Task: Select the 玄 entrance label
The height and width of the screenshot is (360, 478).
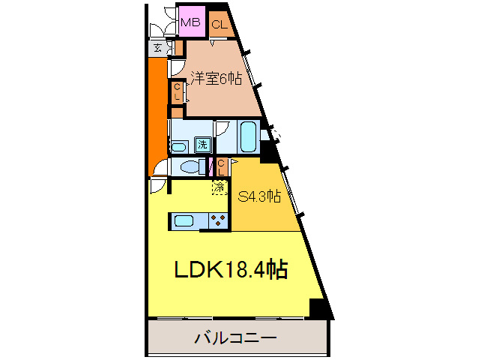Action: tap(158, 49)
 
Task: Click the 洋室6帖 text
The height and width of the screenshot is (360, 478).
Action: tap(216, 78)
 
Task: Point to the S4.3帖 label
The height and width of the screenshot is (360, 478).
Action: tap(259, 197)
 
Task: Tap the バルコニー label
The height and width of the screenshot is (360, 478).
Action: tap(236, 337)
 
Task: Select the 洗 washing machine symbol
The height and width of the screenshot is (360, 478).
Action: tap(202, 144)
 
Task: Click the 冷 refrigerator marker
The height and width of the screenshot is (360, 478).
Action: tap(220, 187)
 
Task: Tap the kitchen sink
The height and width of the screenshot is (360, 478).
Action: tap(184, 220)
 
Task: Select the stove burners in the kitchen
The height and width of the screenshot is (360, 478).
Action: tap(218, 220)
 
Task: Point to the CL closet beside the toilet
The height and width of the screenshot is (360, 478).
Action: tap(222, 166)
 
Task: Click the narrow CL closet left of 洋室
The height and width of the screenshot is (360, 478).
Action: tap(177, 94)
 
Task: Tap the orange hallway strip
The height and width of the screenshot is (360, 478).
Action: tap(157, 112)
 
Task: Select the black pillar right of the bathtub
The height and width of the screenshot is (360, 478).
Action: tap(268, 152)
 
